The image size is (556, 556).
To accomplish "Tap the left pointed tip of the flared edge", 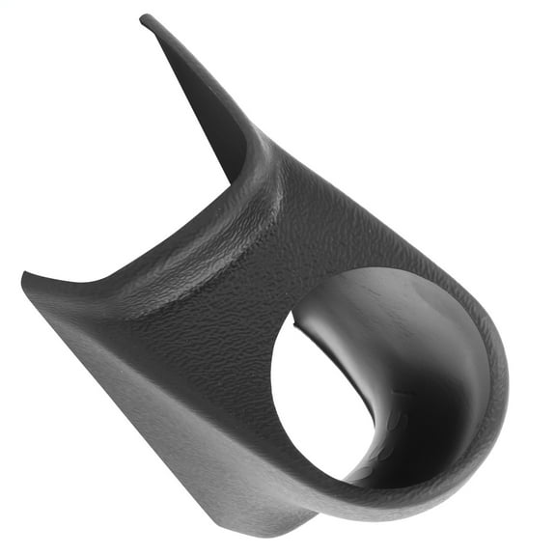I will pyautogui.click(x=26, y=281).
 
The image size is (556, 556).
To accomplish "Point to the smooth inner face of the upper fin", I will pyautogui.click(x=208, y=106).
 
